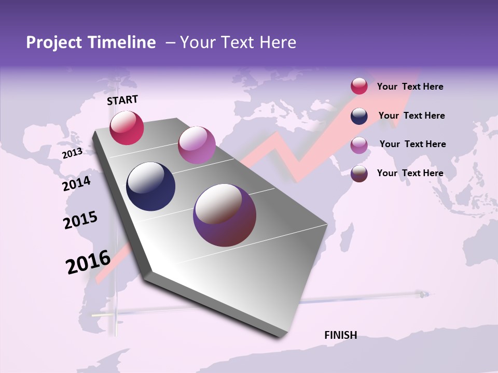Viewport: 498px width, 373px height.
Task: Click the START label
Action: (122, 100)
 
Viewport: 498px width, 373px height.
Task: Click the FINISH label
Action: (340, 335)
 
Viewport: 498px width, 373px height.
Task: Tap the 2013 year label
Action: (72, 153)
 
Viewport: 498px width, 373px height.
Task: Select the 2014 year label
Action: (76, 184)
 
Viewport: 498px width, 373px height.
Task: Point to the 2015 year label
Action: (80, 220)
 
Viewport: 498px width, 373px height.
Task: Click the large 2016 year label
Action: (88, 262)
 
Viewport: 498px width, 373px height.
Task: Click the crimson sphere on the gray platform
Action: (127, 127)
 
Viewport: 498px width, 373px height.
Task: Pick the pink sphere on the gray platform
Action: (197, 145)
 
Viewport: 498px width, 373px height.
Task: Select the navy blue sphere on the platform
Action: (151, 187)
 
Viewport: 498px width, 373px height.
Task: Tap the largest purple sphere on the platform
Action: (225, 215)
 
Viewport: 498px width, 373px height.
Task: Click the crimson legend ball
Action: (359, 86)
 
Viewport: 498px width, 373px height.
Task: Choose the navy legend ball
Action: (359, 116)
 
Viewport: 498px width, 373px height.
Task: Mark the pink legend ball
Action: (359, 145)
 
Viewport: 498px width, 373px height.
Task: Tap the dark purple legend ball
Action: (359, 174)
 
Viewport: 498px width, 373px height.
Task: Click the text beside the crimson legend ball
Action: (410, 87)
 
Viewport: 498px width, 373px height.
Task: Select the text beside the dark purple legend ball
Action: (410, 173)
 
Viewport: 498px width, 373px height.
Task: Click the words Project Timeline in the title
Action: (91, 42)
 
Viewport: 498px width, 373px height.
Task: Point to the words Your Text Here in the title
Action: (238, 42)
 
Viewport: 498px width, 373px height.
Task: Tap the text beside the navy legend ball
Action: (411, 116)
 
